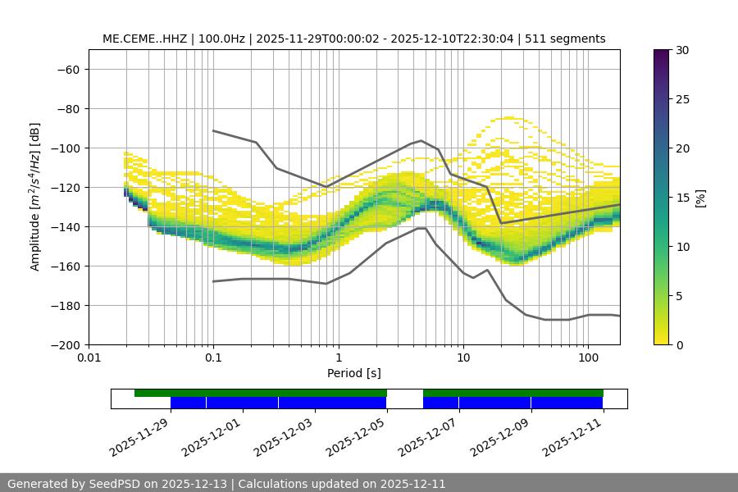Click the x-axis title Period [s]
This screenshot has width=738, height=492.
(354, 373)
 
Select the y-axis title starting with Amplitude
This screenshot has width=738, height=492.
(35, 197)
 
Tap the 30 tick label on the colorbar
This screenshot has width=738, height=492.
(682, 50)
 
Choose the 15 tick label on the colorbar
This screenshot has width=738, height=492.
(682, 198)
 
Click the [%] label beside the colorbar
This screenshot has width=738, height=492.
(700, 198)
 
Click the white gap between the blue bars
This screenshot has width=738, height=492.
(405, 403)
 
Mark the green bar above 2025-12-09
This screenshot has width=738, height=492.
(531, 393)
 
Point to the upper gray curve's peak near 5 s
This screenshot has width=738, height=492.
(421, 140)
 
